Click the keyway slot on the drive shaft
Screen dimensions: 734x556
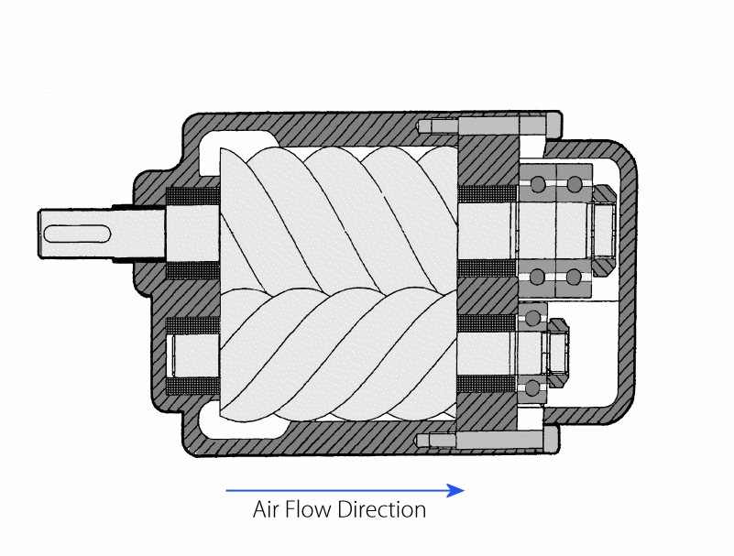point(77,234)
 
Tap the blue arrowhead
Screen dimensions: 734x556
point(455,490)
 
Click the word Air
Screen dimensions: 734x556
point(266,509)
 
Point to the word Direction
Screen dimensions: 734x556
point(382,509)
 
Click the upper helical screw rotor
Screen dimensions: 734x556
point(339,219)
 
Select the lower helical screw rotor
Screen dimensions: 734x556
point(339,354)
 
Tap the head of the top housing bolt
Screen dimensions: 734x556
point(553,125)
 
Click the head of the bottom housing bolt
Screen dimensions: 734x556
point(551,440)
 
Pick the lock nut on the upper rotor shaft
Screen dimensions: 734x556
point(603,230)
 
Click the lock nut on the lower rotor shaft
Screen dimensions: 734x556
point(557,353)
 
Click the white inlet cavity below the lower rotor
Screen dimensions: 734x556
point(239,422)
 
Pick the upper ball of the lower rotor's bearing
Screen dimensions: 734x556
point(532,318)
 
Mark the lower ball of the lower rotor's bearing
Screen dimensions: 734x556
point(531,387)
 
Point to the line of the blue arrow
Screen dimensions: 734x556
point(336,490)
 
